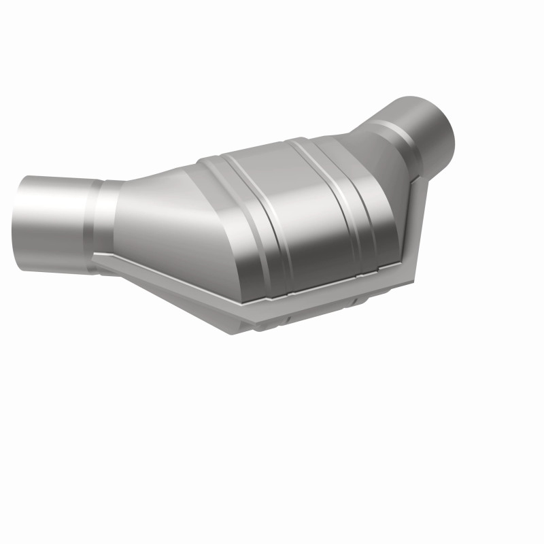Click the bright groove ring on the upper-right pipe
coord(408,136)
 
